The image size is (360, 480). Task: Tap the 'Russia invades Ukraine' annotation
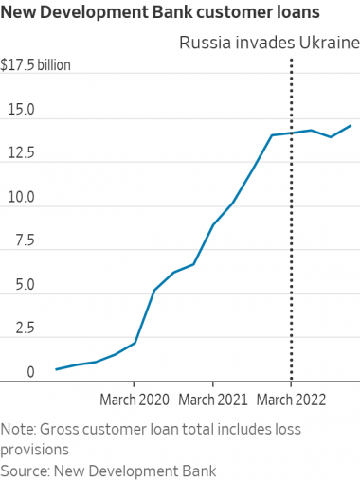269,44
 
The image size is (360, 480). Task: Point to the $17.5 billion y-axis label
36,66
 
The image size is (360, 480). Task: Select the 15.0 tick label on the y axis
18,111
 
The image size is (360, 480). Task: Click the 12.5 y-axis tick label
18,154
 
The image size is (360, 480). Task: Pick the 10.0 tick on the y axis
18,198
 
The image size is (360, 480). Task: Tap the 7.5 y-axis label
14,241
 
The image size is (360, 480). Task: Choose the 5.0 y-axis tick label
14,285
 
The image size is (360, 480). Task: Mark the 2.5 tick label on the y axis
14,329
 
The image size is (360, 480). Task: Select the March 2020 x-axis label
134,400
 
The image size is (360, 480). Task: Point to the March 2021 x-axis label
212,400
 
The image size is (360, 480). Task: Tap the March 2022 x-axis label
291,400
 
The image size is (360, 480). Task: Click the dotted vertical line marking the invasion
291,237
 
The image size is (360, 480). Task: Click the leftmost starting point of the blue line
56,369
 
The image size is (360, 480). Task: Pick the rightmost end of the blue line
351,125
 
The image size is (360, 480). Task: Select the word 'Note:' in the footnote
19,429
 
